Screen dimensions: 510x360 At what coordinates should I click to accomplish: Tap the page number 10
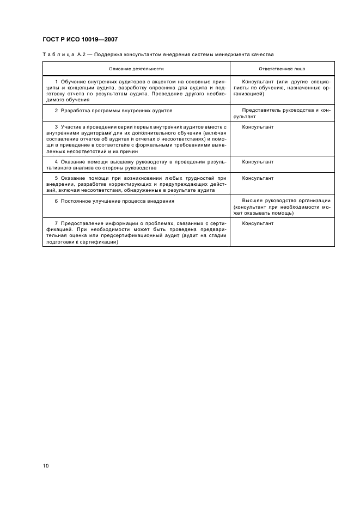46,466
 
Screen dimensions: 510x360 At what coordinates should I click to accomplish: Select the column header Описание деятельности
136,69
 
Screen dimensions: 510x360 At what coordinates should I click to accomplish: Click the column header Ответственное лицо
282,69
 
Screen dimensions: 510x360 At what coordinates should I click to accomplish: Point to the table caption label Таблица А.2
61,54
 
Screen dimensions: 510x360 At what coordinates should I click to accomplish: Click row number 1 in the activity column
56,81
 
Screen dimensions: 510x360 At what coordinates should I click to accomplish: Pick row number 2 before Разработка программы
56,111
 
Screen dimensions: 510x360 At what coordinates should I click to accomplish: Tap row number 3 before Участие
56,127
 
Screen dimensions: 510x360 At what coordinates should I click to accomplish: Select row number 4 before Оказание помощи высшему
56,162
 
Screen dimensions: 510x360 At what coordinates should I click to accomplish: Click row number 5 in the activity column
56,178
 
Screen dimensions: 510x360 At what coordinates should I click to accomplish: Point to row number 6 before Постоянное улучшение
56,201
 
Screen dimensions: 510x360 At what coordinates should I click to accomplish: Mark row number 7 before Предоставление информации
56,223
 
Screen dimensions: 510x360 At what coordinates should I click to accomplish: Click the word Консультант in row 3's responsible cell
258,127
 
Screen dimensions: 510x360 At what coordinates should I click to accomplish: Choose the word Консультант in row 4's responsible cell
258,162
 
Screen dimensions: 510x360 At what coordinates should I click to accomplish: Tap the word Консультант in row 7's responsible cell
258,223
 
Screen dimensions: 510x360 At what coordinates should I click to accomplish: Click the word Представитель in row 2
261,111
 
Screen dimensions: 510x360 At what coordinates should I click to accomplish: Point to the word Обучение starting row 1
73,81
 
